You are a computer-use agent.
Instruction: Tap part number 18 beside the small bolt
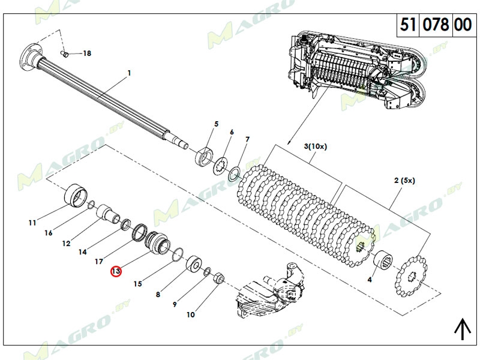point(87,53)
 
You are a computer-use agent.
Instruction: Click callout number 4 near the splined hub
point(370,279)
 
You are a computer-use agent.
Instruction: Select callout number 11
point(32,223)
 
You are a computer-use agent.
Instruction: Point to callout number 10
point(191,314)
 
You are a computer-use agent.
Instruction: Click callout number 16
point(49,233)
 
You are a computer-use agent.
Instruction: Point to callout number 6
point(232,132)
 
